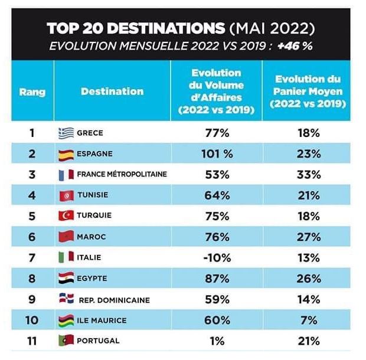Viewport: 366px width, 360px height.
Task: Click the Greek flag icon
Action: click(66, 133)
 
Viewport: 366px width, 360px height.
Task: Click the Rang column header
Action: click(32, 91)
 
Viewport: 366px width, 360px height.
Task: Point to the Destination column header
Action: click(112, 91)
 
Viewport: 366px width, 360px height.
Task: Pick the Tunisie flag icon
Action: click(66, 195)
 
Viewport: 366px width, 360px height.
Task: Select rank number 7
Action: click(32, 257)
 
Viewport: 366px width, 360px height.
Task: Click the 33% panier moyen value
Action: click(308, 174)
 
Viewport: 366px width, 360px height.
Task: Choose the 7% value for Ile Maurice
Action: click(308, 320)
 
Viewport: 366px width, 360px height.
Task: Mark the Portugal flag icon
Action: click(66, 341)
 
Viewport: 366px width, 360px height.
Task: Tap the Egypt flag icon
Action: click(66, 278)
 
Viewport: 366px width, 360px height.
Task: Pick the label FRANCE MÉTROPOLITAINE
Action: click(122, 175)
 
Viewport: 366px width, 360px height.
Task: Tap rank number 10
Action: click(32, 320)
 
